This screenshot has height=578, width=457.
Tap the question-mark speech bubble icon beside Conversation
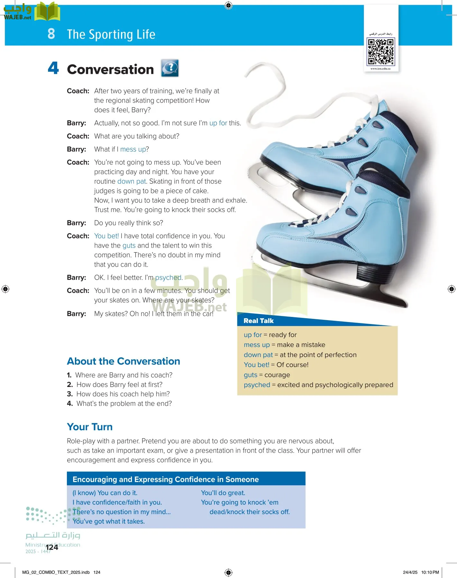[x=170, y=68]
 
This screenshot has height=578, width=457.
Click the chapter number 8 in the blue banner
[x=51, y=34]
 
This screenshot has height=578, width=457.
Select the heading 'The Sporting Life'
[x=111, y=34]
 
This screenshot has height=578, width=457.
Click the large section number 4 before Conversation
[x=53, y=68]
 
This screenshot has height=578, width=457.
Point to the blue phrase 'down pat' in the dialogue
[x=132, y=181]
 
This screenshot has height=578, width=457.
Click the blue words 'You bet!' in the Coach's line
[x=106, y=236]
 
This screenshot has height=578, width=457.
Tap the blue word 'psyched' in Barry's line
[x=168, y=277]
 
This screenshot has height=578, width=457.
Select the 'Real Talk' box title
[x=259, y=321]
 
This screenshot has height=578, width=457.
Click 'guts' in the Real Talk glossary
[x=251, y=375]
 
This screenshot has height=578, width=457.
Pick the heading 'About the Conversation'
[x=123, y=361]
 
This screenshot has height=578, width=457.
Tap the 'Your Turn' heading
[x=90, y=427]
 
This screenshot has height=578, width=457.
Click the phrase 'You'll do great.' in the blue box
[x=223, y=493]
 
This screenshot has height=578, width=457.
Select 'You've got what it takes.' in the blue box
[x=109, y=521]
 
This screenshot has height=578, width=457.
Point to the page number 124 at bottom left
[x=52, y=547]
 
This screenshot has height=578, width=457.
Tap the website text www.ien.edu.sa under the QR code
[x=380, y=69]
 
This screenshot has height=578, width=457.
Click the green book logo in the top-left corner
[x=47, y=12]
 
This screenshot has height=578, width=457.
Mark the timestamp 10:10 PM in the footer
[x=430, y=572]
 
